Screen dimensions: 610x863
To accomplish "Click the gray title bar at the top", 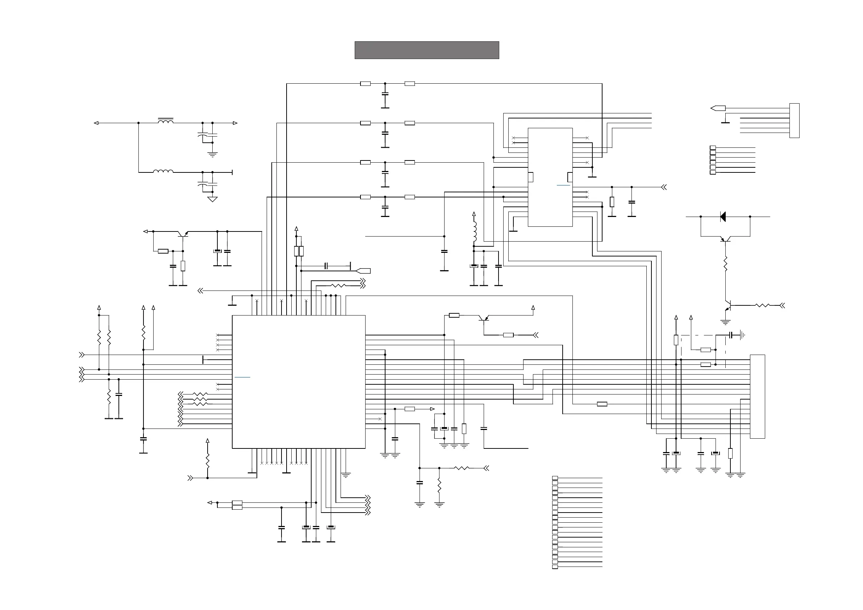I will pos(427,50).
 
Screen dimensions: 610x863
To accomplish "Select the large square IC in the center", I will pos(299,381).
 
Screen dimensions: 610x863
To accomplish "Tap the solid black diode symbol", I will pos(723,217).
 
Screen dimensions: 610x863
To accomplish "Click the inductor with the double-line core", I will pos(165,121).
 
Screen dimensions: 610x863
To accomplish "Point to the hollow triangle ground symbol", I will pos(212,199).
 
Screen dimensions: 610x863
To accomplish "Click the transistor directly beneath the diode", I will pos(725,238).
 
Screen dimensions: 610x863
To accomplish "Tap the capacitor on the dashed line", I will pos(731,334).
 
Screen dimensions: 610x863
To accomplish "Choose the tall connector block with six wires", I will pos(794,120).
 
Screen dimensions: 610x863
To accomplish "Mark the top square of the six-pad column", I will pos(713,148).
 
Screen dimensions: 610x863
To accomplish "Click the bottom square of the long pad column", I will pos(555,567).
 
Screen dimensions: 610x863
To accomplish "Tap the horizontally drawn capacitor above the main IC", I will pos(326,266).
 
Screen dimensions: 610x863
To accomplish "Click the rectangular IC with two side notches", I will pos(550,177).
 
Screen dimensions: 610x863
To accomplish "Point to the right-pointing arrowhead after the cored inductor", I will pos(235,123).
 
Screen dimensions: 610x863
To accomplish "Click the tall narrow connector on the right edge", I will pos(757,396).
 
